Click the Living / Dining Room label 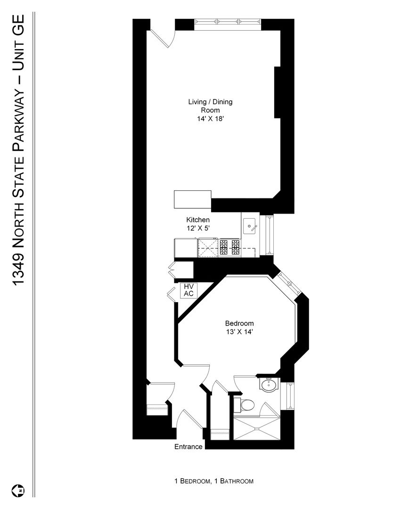pos(210,106)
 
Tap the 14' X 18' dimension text pos(211,119)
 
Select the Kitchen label pos(197,220)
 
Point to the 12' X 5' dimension pos(198,228)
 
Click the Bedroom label pos(239,323)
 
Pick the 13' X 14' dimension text pos(239,332)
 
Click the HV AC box pos(188,290)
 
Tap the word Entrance pos(188,447)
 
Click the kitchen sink pos(250,226)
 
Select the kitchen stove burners pos(229,248)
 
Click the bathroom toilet pos(246,405)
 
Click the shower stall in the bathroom pos(257,428)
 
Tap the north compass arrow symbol pos(18,491)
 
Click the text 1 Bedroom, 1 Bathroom pos(214,481)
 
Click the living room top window pos(228,22)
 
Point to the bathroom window pos(287,396)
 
